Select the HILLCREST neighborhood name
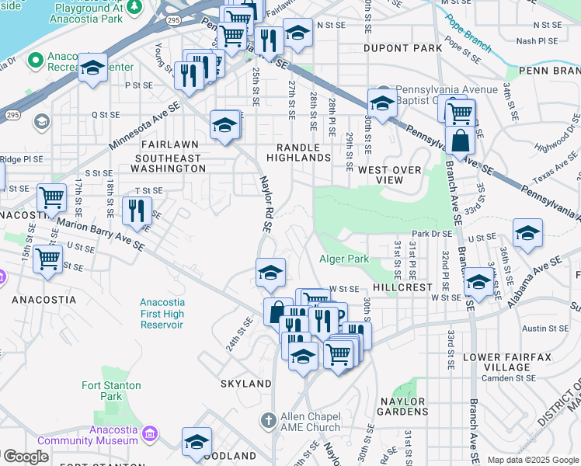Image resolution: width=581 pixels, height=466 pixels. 401,287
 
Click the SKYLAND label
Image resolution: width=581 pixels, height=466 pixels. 245,384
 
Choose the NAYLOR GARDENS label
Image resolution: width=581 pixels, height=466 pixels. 402,406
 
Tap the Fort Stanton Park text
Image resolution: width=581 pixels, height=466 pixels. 111,391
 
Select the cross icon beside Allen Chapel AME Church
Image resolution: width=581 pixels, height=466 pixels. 267,421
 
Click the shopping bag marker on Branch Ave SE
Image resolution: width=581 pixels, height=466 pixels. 461,141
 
